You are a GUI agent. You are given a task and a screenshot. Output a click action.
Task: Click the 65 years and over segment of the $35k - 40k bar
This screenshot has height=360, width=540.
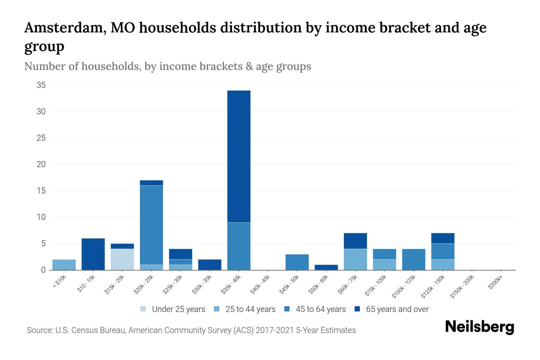239,156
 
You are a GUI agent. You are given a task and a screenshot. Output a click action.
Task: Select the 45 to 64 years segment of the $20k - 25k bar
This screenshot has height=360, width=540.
151,225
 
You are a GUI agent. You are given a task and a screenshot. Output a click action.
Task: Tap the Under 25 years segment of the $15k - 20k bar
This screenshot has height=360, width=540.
122,259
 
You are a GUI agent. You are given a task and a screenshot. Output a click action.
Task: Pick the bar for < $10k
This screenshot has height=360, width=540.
64,265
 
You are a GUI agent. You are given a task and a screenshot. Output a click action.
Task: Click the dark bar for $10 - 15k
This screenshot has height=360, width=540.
93,254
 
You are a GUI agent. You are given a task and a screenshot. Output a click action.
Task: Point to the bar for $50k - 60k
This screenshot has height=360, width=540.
326,267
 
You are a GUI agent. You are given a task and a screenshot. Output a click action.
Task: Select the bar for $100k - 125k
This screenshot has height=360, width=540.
413,259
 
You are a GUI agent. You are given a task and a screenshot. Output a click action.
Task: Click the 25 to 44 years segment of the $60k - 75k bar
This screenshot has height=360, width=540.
355,259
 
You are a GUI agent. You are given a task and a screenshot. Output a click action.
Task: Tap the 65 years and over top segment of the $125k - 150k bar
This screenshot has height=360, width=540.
442,238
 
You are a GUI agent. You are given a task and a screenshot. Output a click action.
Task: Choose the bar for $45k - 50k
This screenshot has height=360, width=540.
297,262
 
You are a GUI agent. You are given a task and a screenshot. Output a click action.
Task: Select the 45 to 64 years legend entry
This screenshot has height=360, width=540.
315,309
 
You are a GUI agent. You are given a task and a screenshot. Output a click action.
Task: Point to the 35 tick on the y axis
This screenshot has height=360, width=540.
41,85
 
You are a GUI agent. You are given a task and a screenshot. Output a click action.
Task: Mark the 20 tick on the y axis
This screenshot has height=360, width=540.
41,164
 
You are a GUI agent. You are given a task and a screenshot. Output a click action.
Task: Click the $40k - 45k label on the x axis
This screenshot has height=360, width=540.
260,285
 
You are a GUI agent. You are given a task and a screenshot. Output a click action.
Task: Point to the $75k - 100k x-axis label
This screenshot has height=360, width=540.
376,286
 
